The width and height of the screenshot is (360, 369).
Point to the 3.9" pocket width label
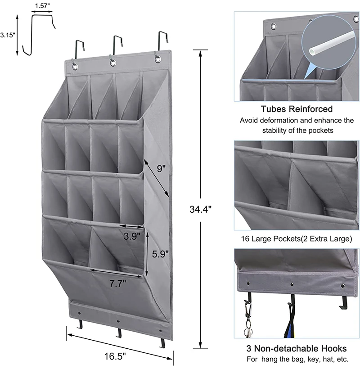coord(131,235)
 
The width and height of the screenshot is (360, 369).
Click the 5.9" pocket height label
coord(160,254)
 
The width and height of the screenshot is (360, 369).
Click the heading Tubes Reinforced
coord(297,109)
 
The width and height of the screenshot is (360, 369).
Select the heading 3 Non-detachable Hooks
coord(297,348)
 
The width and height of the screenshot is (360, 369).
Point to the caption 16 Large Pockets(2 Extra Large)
coord(297,239)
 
